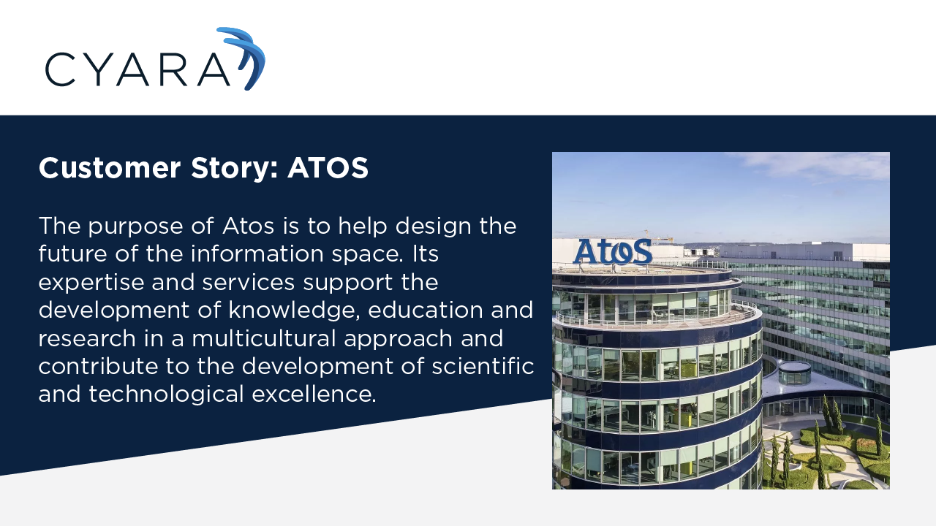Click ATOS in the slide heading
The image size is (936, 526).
pos(328,169)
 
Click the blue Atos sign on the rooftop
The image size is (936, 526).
pos(612,251)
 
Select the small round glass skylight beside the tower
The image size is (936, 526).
pos(794,373)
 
